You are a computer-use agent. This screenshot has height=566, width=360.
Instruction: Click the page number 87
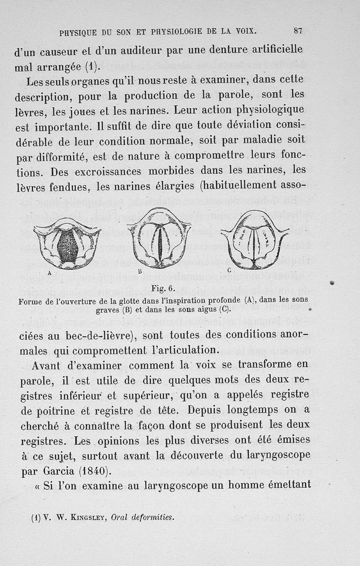click(298, 31)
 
